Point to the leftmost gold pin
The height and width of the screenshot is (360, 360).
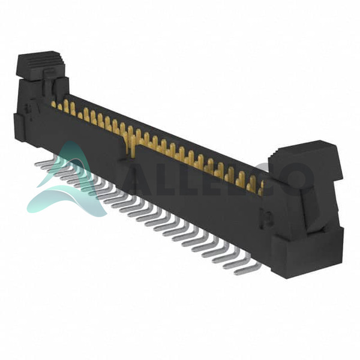coord(53,104)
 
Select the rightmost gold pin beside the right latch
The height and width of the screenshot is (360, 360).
coord(261,188)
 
